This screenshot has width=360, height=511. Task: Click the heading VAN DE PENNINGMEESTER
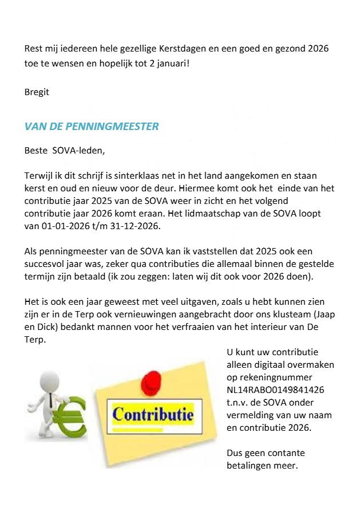pos(92,127)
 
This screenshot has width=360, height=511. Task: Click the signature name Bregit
pos(37,92)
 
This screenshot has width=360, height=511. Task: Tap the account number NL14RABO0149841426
pos(275,390)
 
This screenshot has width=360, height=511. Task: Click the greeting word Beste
pos(35,151)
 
